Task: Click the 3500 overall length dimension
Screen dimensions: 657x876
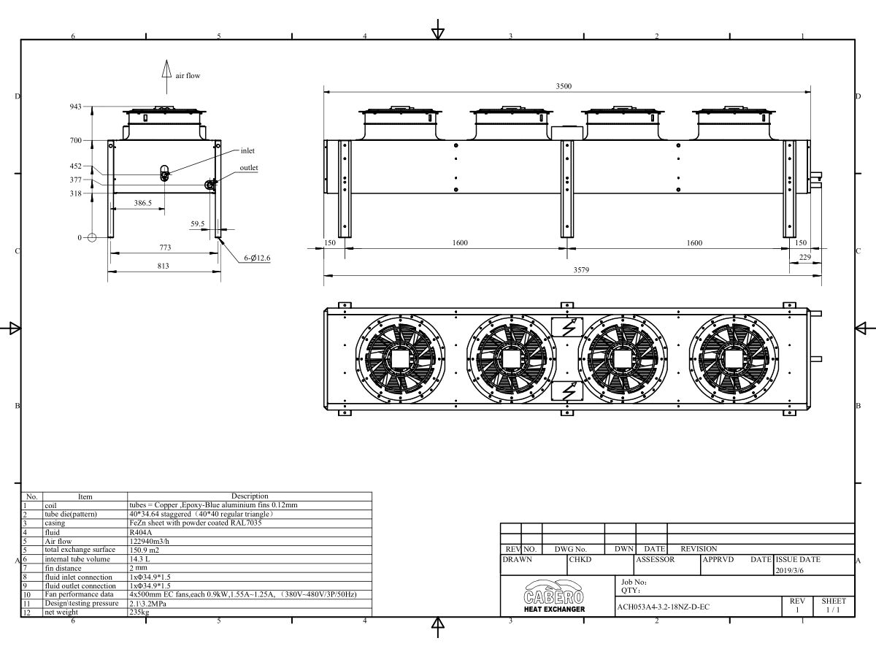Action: coord(564,86)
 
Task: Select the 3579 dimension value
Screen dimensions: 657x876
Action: coord(581,270)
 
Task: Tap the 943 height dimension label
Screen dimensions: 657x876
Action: coord(76,107)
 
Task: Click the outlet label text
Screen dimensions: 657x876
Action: coord(249,168)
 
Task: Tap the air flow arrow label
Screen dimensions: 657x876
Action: coord(187,75)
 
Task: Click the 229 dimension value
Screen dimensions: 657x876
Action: coord(805,257)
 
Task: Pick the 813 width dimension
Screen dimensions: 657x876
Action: coord(163,266)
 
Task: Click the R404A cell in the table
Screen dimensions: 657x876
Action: coord(142,532)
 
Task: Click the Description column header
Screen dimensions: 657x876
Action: coord(250,496)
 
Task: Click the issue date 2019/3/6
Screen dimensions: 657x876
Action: coord(788,570)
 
